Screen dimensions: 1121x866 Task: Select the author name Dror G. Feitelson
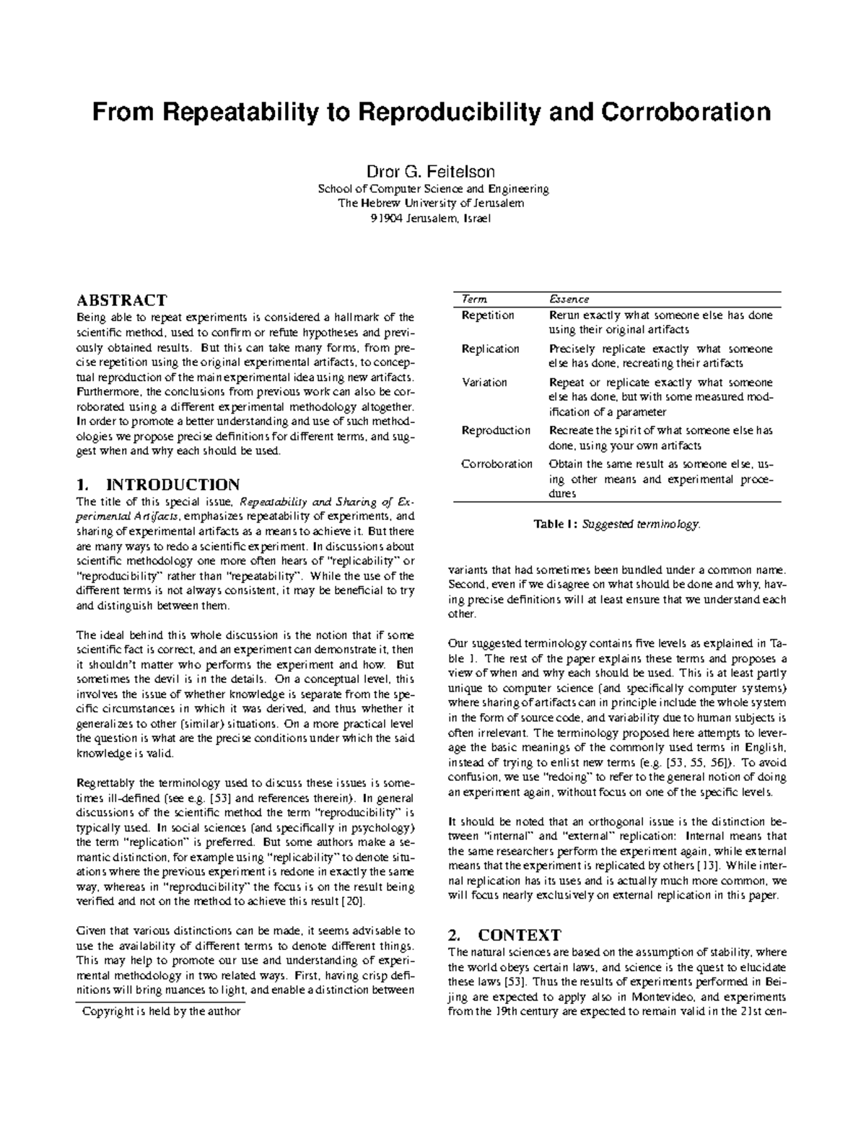point(432,172)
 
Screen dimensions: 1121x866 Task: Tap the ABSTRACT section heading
point(122,300)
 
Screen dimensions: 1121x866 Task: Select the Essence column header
point(569,299)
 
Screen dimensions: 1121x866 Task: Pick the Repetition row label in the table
point(488,315)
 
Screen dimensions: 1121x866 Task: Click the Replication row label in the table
point(490,349)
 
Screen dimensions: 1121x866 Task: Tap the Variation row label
point(484,383)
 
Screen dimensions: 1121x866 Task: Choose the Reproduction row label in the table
point(496,430)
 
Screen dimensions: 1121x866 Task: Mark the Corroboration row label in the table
point(497,464)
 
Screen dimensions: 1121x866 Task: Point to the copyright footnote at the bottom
point(162,1011)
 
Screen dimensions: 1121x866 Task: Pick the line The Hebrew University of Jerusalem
point(432,204)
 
